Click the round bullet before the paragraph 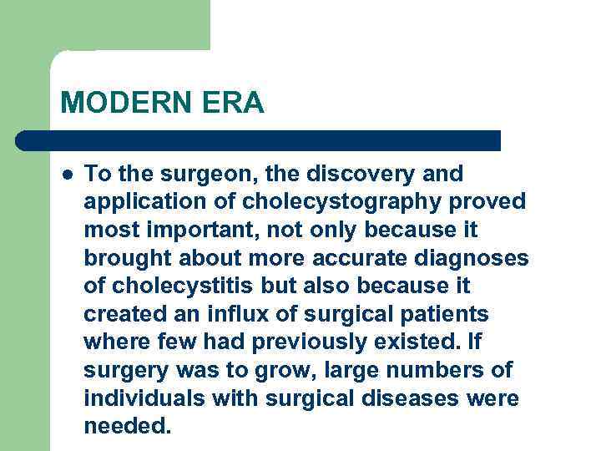click(x=67, y=175)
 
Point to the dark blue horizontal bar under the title click(x=259, y=140)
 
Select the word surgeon click(x=183, y=175)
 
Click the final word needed click(x=127, y=426)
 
